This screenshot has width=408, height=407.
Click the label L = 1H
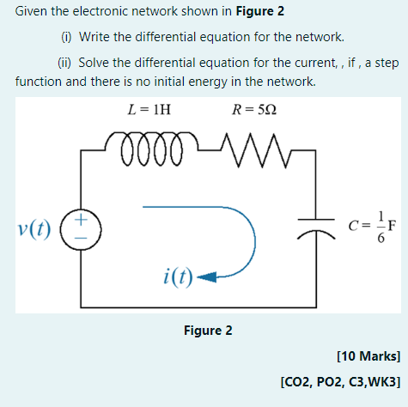(149, 110)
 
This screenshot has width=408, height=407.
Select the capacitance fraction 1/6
(375, 228)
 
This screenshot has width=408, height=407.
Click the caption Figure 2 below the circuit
(208, 331)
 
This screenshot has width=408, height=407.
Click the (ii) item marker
(66, 64)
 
